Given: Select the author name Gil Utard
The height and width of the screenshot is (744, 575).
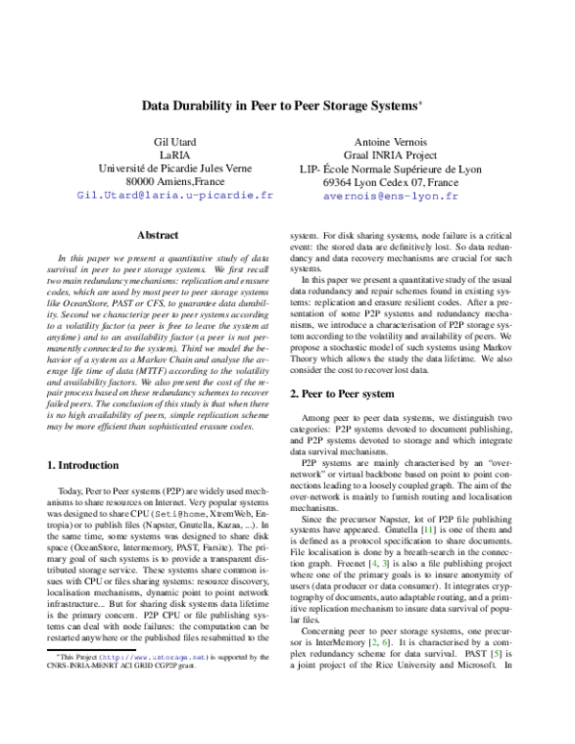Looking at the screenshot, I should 173,144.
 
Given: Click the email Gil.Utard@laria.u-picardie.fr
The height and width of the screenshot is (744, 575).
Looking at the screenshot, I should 173,196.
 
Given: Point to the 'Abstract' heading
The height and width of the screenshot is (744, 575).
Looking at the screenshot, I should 158,235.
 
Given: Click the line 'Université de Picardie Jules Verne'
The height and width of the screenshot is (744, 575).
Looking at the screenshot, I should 173,170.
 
